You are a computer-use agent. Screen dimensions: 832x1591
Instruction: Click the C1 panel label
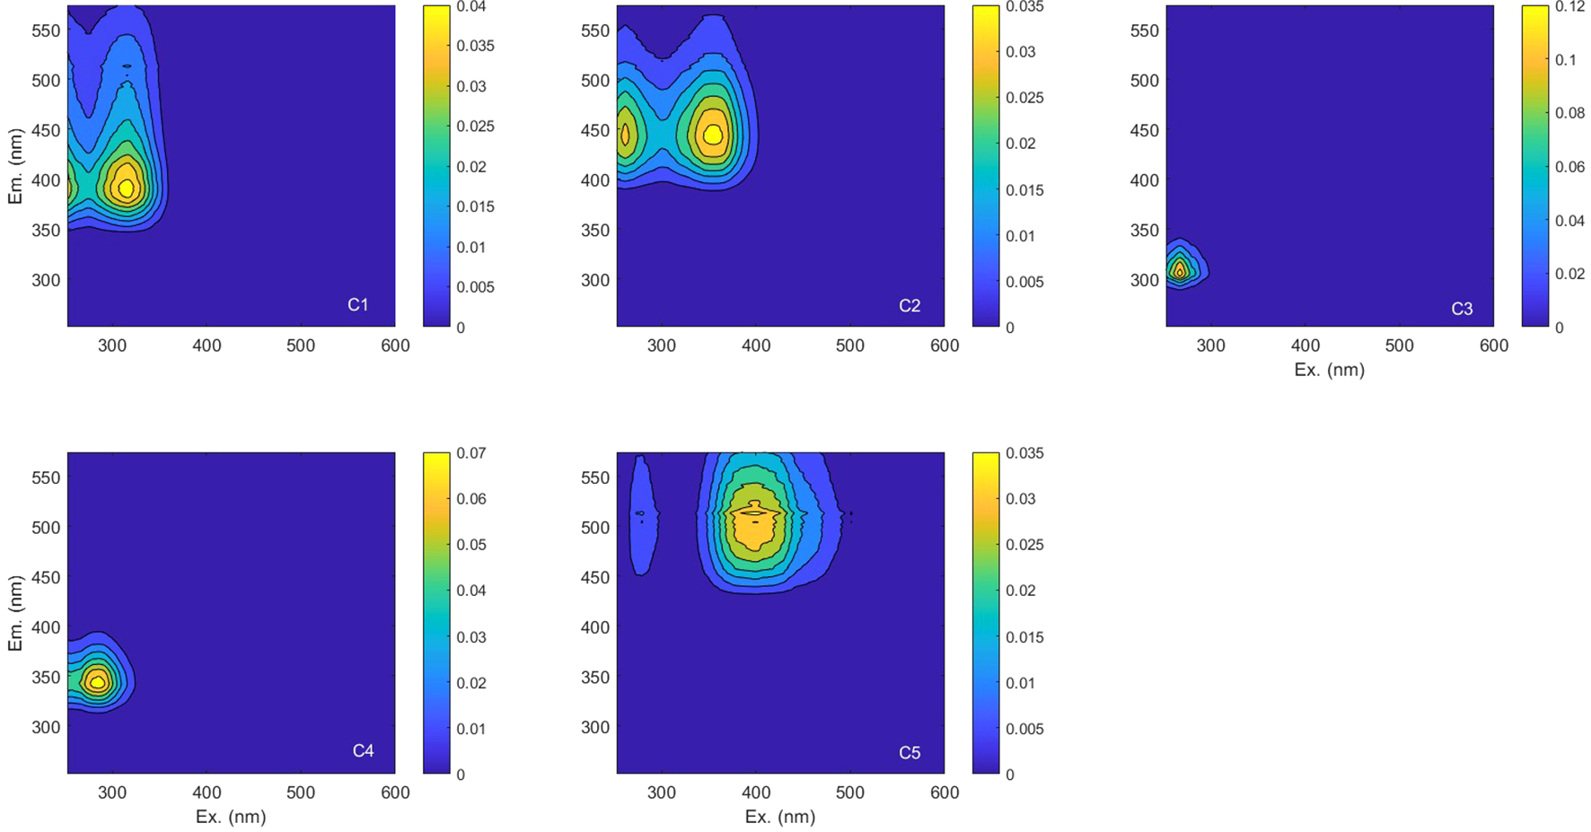(x=357, y=305)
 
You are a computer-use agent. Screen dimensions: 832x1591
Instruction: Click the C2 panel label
(x=909, y=306)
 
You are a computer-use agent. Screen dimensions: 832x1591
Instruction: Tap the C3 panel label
(x=1461, y=309)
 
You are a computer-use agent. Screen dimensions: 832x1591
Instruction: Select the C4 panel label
(x=362, y=751)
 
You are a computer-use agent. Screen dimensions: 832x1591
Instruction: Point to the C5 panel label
(x=909, y=753)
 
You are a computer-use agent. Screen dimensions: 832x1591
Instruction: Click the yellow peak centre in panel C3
(x=1180, y=270)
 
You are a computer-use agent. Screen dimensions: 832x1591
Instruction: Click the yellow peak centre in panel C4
(x=97, y=682)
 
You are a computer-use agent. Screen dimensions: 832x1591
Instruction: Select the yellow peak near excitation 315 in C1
(x=127, y=188)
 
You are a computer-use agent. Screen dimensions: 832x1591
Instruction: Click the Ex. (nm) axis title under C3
(x=1329, y=370)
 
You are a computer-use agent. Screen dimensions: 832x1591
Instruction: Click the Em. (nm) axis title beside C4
(x=15, y=614)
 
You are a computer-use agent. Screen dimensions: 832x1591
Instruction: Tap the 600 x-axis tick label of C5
(x=944, y=793)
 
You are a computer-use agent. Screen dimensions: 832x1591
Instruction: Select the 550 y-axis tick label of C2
(x=595, y=31)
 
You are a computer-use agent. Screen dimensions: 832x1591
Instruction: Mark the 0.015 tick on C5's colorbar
(x=1024, y=637)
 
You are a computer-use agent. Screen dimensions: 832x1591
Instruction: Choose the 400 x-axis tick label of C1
(x=207, y=346)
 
